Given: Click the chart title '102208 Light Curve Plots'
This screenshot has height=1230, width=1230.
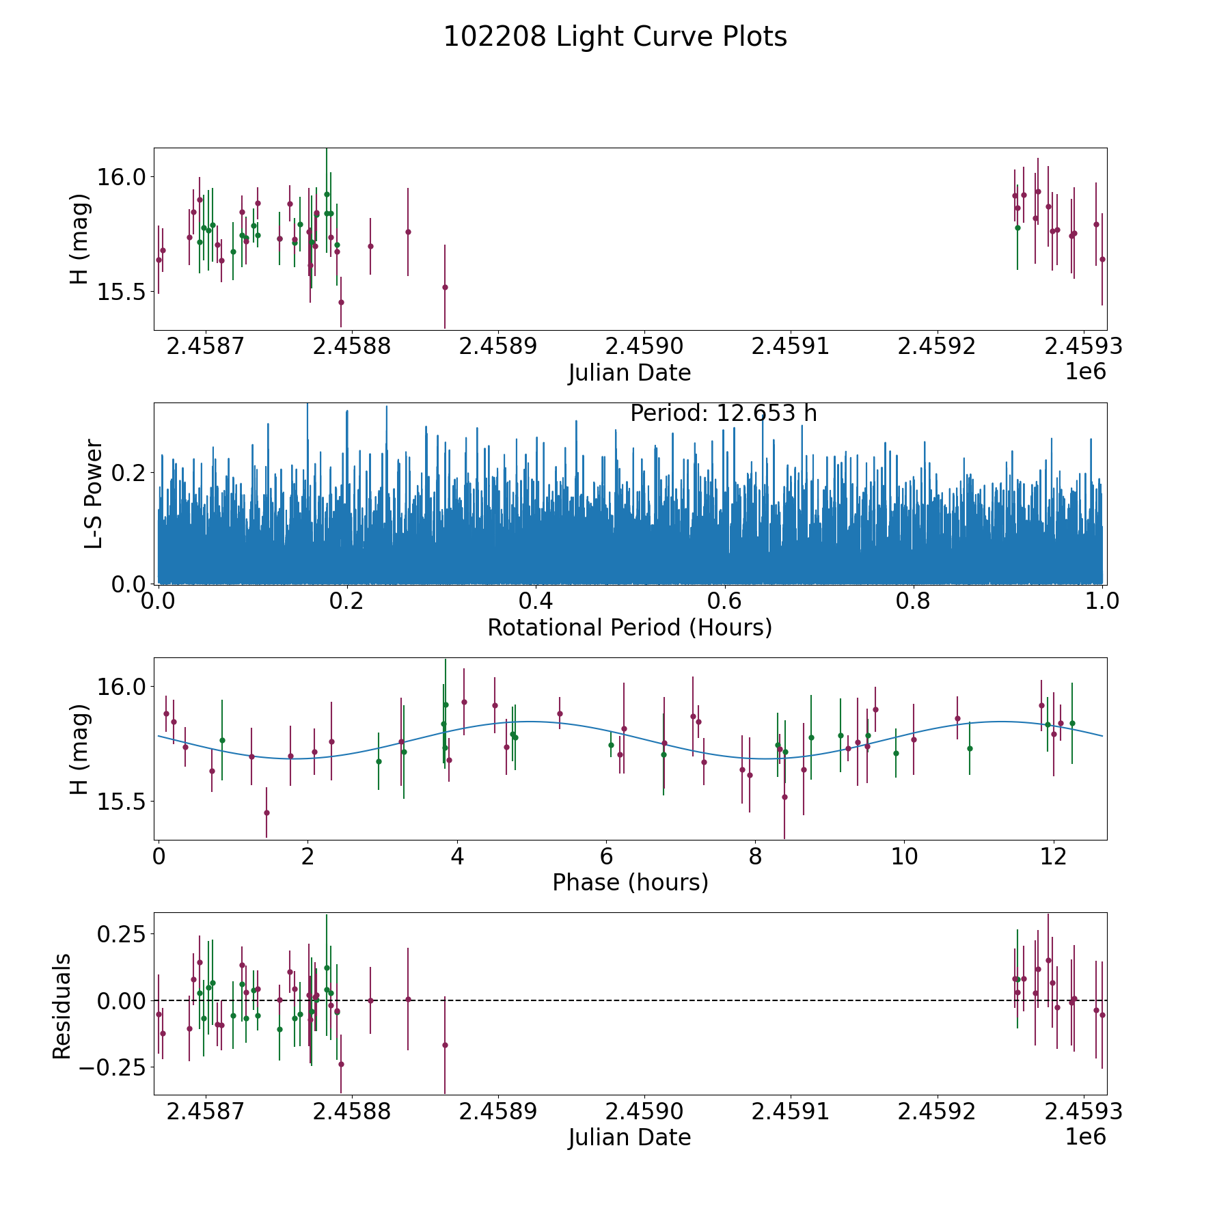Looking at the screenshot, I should point(615,37).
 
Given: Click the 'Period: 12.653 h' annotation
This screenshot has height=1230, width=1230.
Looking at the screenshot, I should point(723,413).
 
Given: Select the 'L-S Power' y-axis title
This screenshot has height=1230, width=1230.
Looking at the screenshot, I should point(94,493).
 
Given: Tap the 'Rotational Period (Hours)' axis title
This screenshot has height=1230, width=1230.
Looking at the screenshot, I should point(629,627).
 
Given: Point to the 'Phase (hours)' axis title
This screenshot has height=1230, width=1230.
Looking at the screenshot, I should point(629,882).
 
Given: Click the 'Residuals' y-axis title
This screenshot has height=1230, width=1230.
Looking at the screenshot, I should point(62,1006).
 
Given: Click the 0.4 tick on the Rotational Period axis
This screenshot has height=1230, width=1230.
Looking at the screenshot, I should point(536,601).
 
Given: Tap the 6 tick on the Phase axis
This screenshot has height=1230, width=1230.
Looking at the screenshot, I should point(605,856).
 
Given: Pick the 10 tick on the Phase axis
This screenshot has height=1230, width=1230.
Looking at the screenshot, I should point(904,856).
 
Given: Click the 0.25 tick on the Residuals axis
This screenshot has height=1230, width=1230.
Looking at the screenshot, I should point(120,933).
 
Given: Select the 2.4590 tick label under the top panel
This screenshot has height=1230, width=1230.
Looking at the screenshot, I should point(644,346).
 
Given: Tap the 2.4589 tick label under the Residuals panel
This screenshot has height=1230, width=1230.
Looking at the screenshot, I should point(497,1112).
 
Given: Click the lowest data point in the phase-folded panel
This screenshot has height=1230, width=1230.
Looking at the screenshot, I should point(784,797).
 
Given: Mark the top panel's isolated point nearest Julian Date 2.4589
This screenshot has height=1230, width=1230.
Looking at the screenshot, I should point(445,287).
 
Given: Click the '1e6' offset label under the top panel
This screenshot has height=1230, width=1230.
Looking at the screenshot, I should point(1085,372).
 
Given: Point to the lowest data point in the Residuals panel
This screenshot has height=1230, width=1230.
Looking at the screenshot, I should point(341,1064).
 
